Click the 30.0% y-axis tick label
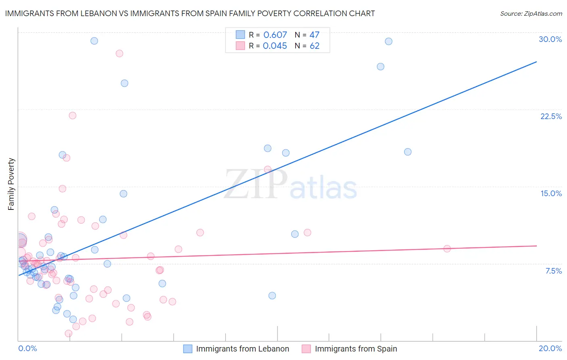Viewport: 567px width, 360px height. click(x=550, y=39)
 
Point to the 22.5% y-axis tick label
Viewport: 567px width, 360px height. click(x=551, y=116)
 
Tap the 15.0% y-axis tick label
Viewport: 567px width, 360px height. click(x=551, y=193)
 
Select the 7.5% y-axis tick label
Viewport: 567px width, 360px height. click(x=553, y=271)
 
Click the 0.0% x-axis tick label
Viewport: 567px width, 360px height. click(x=27, y=348)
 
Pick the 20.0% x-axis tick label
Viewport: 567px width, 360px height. click(x=550, y=348)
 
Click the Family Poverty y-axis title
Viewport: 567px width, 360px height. click(x=11, y=184)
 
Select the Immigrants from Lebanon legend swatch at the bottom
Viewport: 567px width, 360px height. click(x=188, y=349)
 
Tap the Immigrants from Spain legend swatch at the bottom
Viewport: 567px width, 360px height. click(x=306, y=349)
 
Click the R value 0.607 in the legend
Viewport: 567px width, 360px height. click(x=275, y=35)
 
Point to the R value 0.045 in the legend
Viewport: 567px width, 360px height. click(x=275, y=46)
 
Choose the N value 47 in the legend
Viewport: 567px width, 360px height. click(x=314, y=35)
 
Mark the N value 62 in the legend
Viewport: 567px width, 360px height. click(x=314, y=46)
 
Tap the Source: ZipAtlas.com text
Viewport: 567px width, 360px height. click(x=531, y=13)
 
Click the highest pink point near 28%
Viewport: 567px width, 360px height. click(x=119, y=53)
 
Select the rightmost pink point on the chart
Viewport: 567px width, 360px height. click(x=447, y=249)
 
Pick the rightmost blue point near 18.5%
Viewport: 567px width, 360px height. click(x=408, y=152)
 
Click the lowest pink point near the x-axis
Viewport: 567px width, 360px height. click(x=69, y=333)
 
